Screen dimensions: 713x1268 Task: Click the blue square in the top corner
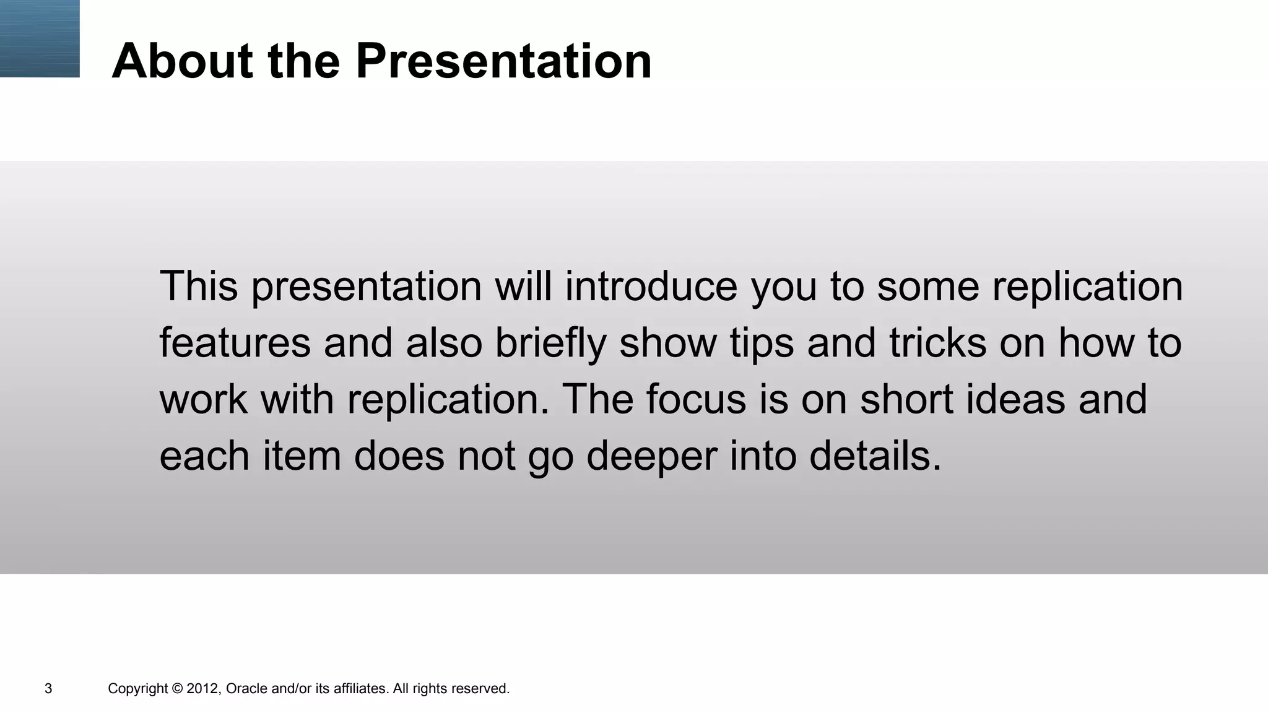pos(40,38)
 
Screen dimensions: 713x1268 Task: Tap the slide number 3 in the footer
pos(48,688)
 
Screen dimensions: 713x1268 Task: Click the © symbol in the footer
pos(177,688)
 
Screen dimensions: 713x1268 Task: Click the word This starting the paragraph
pos(199,286)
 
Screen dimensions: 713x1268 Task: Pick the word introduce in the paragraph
pos(651,286)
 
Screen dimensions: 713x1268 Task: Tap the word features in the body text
pos(235,343)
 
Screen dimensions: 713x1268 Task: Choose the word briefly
pos(550,343)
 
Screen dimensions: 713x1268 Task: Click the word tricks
pos(937,343)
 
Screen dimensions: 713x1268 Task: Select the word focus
pos(696,399)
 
